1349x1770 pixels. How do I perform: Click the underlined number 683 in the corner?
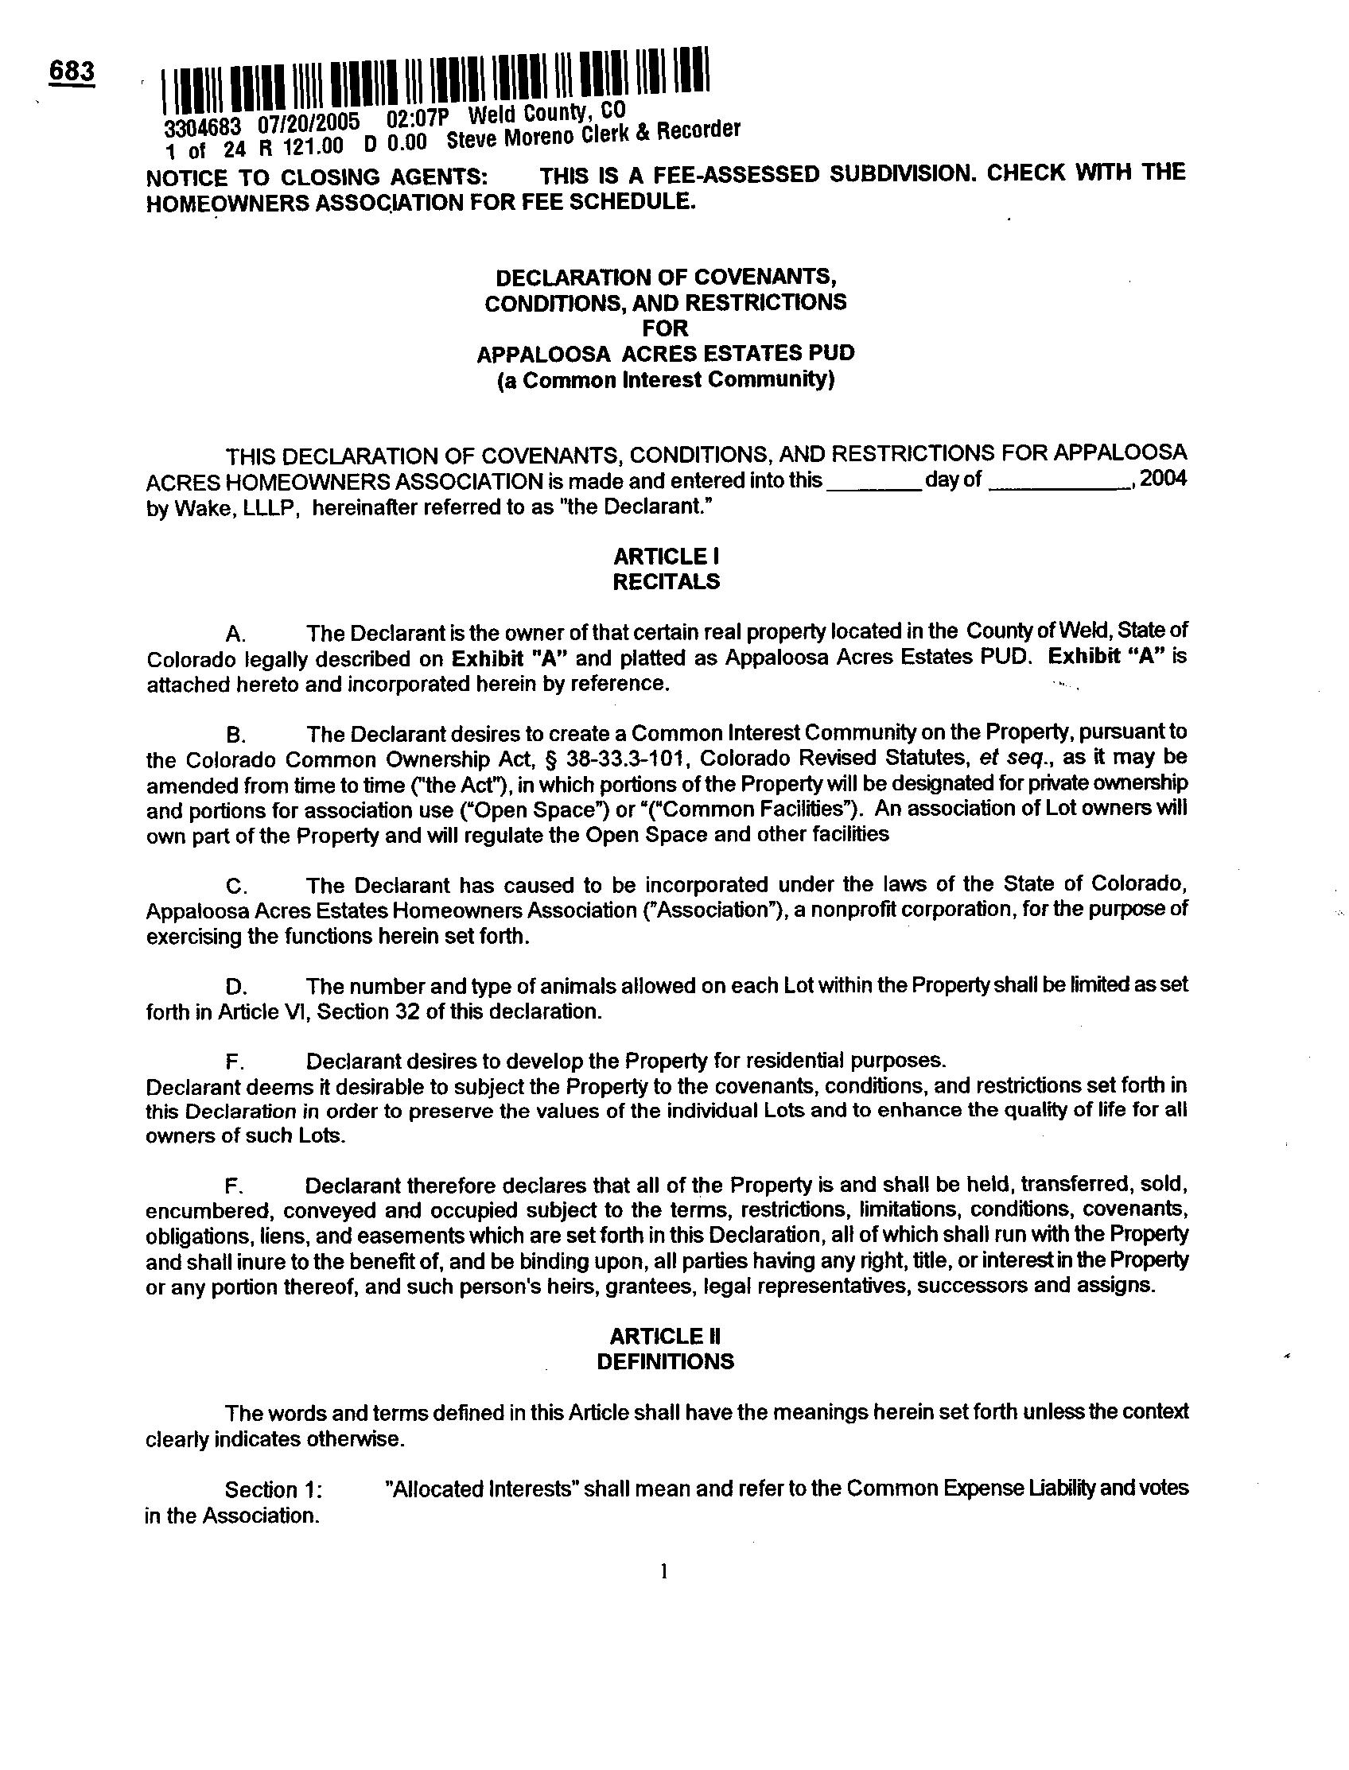click(72, 72)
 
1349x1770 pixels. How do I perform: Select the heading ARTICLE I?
click(666, 556)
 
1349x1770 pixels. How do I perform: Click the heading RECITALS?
click(666, 581)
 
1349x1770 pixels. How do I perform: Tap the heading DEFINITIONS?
click(666, 1361)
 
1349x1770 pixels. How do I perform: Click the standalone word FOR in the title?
click(666, 328)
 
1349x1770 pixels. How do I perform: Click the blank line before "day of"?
click(873, 484)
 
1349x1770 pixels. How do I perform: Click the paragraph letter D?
click(235, 987)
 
